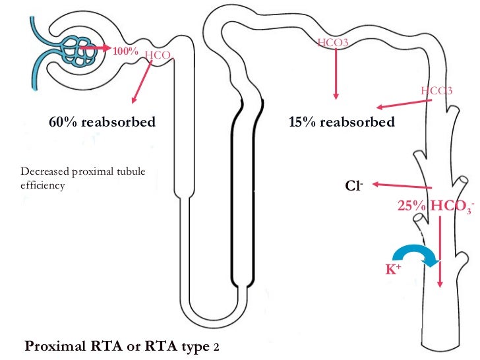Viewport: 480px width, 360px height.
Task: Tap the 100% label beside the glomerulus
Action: pos(125,50)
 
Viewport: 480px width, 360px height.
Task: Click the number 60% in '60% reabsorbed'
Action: pos(61,122)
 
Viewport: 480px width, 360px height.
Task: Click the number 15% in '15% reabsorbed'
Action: pos(303,122)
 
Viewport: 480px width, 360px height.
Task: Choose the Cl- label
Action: pos(355,186)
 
